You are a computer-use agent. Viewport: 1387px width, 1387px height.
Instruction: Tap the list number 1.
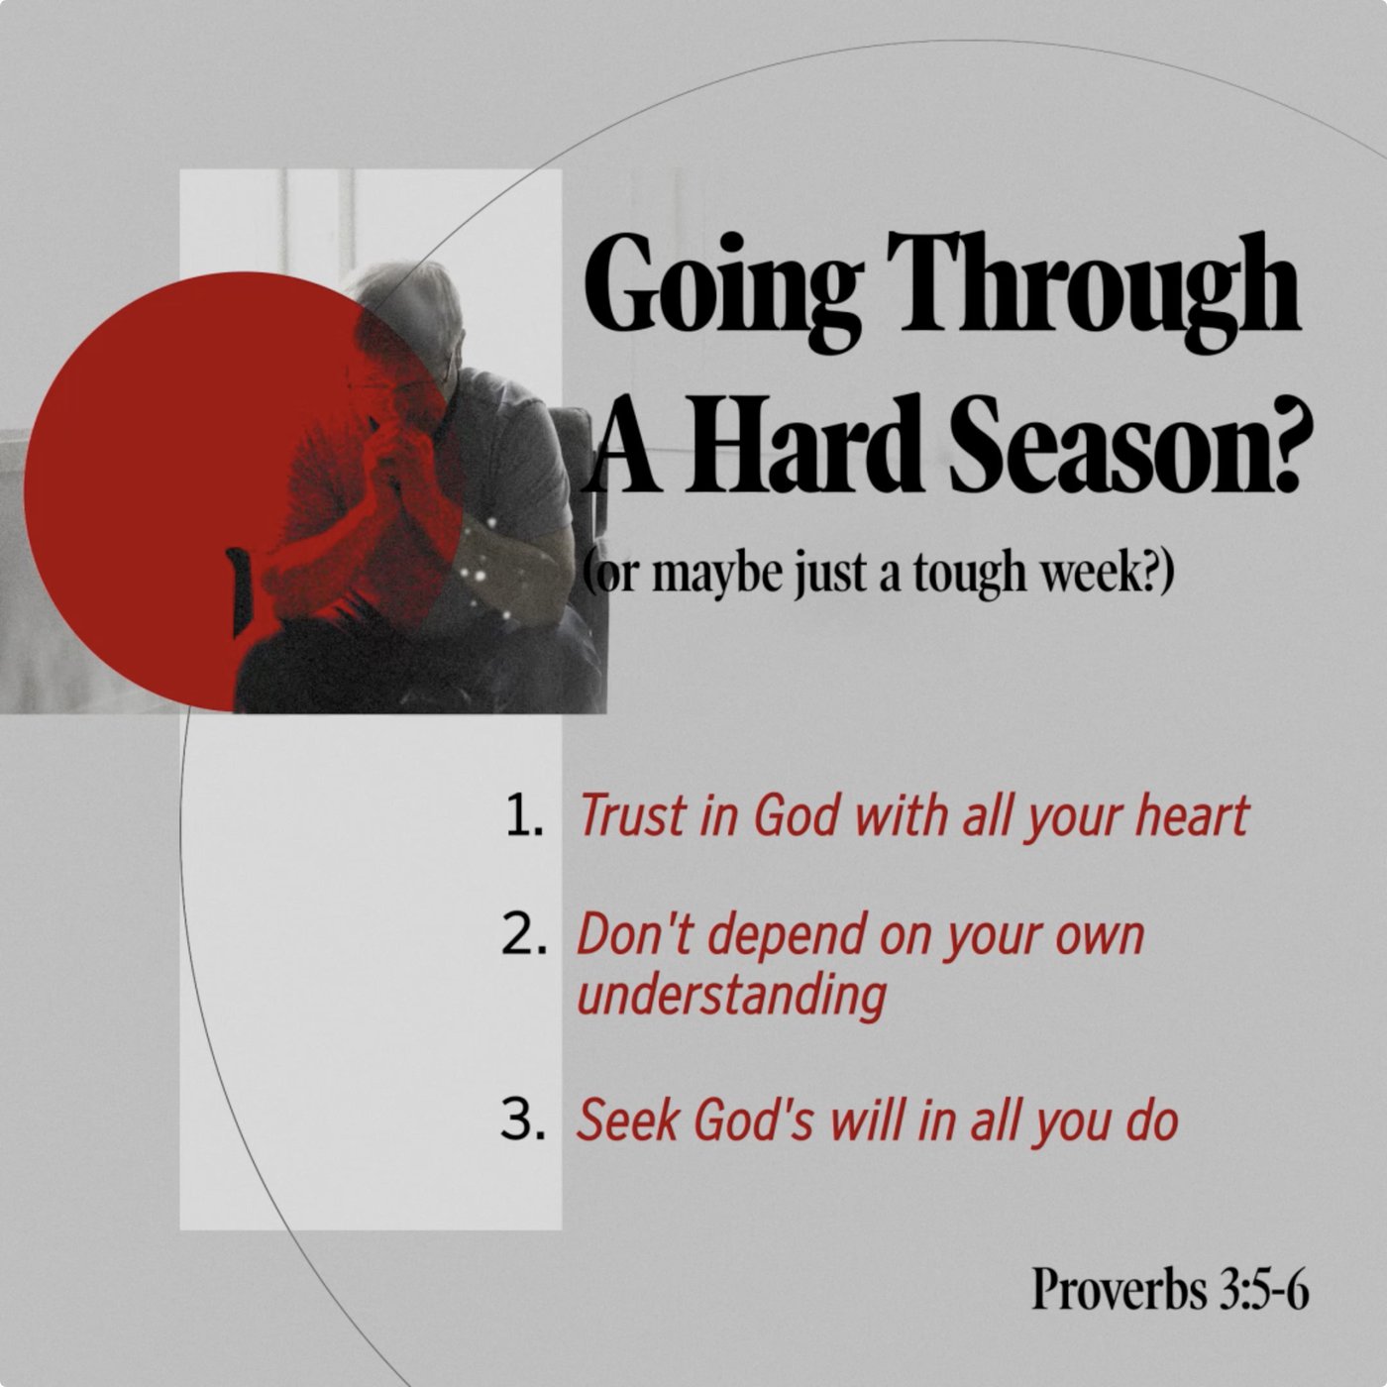523,816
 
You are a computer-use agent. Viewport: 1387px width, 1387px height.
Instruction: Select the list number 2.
522,934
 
